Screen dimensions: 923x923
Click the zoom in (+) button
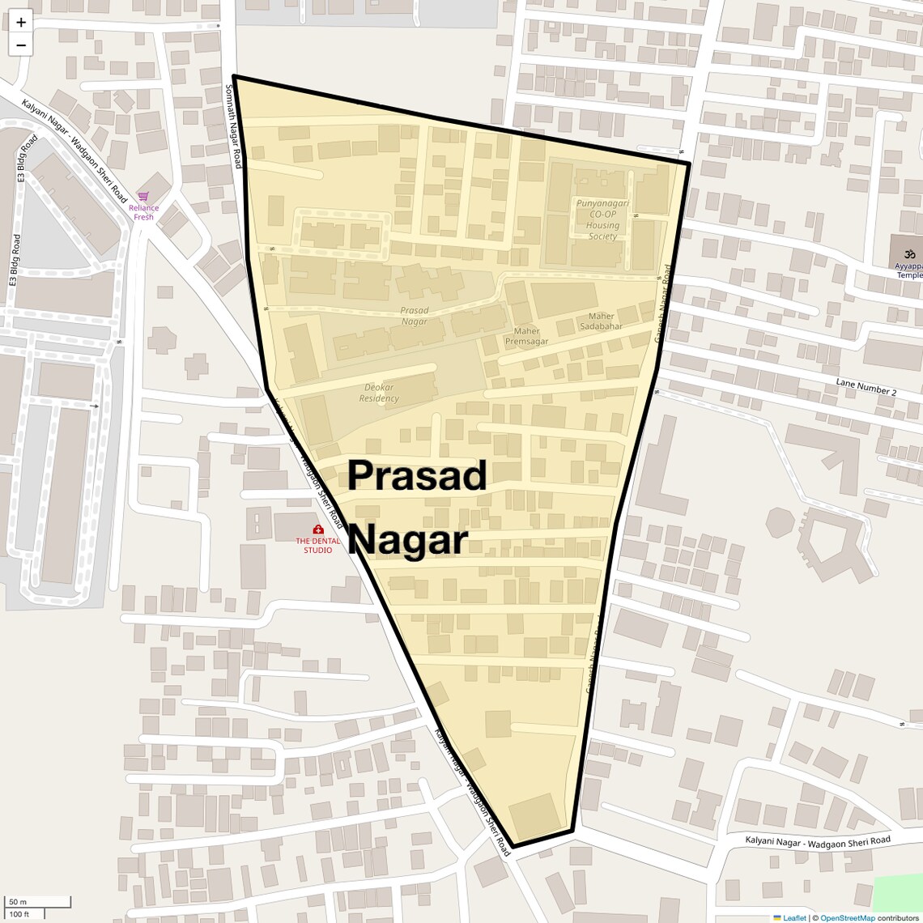(21, 23)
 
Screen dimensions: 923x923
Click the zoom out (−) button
(21, 45)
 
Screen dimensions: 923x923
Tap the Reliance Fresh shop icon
(143, 196)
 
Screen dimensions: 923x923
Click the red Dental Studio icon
(317, 530)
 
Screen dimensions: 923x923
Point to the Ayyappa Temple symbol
(908, 253)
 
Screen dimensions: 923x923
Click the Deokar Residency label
(379, 393)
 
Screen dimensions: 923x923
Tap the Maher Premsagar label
(526, 336)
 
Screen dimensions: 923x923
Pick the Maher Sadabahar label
(601, 321)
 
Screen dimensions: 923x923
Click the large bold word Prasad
(417, 475)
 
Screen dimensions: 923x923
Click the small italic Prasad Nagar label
(415, 316)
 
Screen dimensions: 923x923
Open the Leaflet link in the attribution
(793, 917)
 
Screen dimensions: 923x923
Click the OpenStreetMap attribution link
(847, 917)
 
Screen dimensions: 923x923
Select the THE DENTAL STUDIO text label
(317, 546)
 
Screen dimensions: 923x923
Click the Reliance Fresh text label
(143, 212)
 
